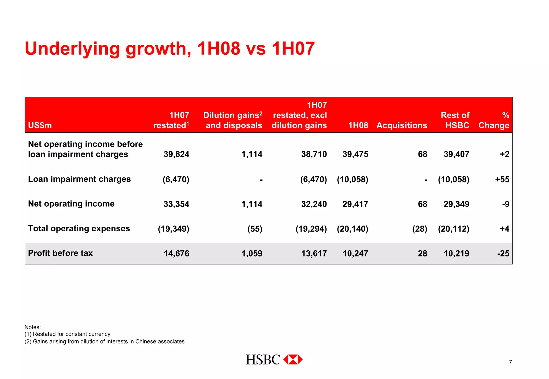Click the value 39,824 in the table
coord(176,154)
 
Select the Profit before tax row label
coord(60,253)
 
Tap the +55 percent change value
coord(502,179)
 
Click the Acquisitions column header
coord(402,125)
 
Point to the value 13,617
coord(314,253)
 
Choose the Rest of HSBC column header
coord(455,120)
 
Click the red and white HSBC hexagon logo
coord(293,359)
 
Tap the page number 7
coord(510,362)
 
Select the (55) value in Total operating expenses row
coord(255,229)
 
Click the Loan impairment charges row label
coord(79,179)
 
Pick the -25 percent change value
coord(503,253)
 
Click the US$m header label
coord(40,125)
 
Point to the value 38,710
coord(314,154)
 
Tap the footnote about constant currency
coord(67,334)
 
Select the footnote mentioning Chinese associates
coord(104,341)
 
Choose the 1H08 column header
coord(358,125)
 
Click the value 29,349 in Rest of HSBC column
coord(456,204)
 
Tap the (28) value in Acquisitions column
coord(420,229)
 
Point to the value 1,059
coord(252,253)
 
